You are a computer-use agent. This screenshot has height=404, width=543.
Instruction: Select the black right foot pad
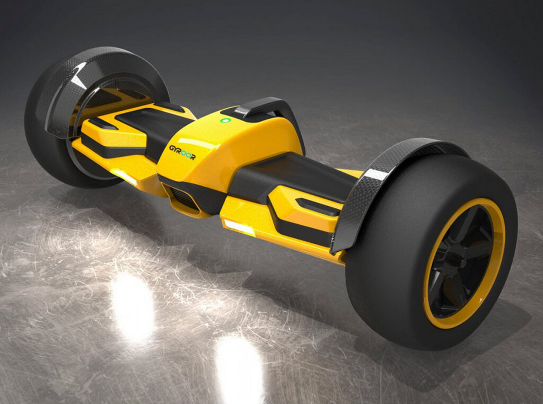tap(297, 175)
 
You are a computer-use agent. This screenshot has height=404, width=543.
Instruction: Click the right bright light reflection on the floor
tap(239, 366)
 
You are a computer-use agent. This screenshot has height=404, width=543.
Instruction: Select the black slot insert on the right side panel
tap(317, 206)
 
